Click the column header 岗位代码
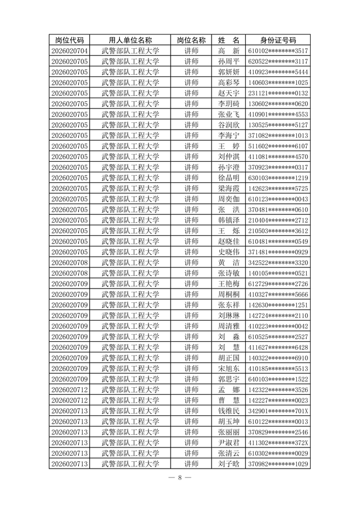coord(70,40)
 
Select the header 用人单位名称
coord(131,40)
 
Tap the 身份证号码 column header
coord(278,40)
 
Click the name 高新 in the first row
coord(229,51)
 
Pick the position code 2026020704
coord(70,51)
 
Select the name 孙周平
coord(229,61)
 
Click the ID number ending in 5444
coord(278,72)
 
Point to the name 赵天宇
coord(229,93)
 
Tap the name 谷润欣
coord(229,125)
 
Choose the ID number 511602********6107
coord(278,146)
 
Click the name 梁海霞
coord(229,188)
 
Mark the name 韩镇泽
coord(229,220)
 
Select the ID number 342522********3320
coord(278,263)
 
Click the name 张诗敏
coord(229,273)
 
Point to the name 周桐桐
coord(229,295)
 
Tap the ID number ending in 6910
coord(278,358)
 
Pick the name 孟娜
coord(229,390)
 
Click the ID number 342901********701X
coord(278,411)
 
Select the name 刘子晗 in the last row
coord(229,464)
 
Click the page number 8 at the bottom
coord(180,477)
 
